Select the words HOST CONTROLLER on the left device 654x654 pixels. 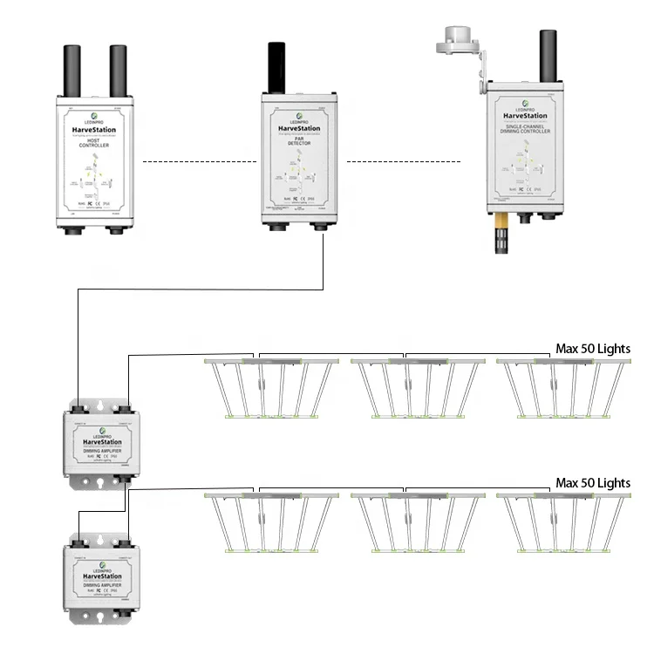[x=95, y=141]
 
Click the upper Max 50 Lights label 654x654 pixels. [x=593, y=349]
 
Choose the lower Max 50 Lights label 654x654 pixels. [x=593, y=482]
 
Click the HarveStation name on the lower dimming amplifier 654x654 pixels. [x=98, y=576]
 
